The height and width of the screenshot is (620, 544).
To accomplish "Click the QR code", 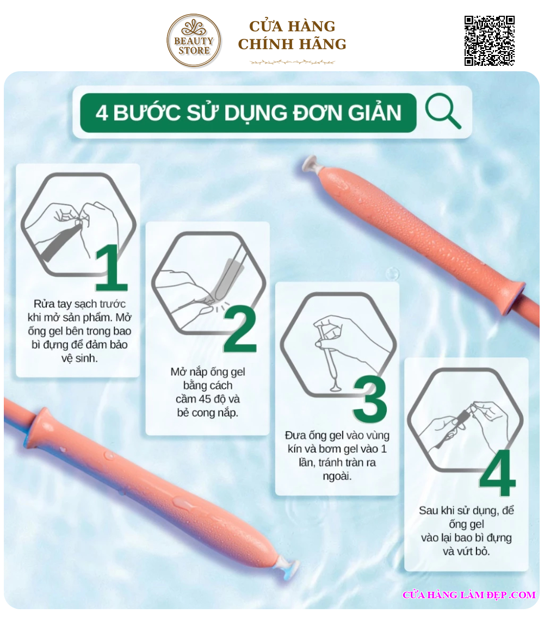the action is click(489, 41).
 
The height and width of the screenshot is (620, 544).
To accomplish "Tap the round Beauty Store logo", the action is click(194, 40).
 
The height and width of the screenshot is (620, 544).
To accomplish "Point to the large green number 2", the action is click(240, 329).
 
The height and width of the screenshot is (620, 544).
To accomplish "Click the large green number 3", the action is click(369, 399).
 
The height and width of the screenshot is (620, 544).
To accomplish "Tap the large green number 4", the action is click(498, 473).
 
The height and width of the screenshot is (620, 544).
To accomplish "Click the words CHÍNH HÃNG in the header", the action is click(292, 44).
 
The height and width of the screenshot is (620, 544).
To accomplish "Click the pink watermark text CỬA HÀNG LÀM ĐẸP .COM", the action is click(469, 594).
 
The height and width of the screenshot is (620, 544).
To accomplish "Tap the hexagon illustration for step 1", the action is click(78, 224).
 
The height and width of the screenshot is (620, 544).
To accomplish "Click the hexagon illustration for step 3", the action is click(338, 345).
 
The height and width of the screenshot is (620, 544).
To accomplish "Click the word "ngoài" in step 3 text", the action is click(337, 476).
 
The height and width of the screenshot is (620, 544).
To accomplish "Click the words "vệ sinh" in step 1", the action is click(79, 358).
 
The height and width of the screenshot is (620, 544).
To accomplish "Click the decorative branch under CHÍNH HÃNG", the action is click(292, 62).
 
